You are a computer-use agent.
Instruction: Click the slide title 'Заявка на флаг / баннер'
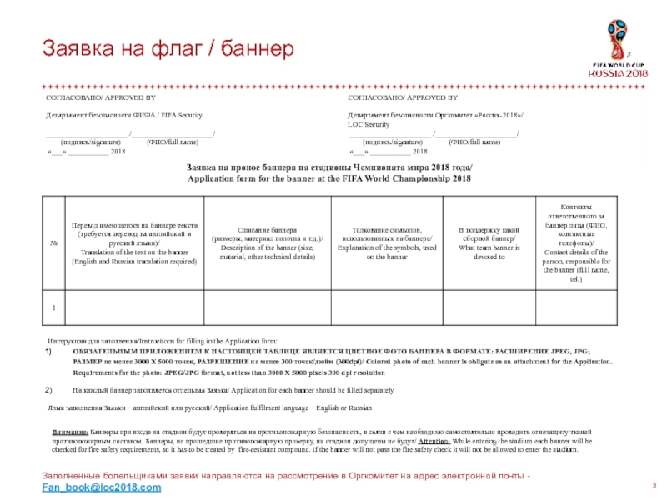tap(168, 49)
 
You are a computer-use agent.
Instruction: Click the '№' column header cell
tap(53, 242)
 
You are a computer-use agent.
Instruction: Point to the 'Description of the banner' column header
tap(264, 242)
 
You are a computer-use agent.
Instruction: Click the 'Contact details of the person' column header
tap(576, 242)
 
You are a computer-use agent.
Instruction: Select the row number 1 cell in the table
tap(53, 309)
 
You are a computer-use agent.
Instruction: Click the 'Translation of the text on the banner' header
tap(134, 242)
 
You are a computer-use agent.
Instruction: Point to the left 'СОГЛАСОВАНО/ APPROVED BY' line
tap(88, 97)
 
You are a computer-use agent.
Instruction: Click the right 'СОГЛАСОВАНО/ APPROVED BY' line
tap(390, 97)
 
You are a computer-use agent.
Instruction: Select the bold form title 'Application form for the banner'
tap(328, 179)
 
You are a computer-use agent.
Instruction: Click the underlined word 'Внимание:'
tap(70, 433)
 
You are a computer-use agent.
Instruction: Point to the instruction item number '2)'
tap(48, 390)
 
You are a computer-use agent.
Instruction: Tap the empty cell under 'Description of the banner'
tap(264, 309)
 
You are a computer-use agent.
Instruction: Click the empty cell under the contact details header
tap(576, 309)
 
